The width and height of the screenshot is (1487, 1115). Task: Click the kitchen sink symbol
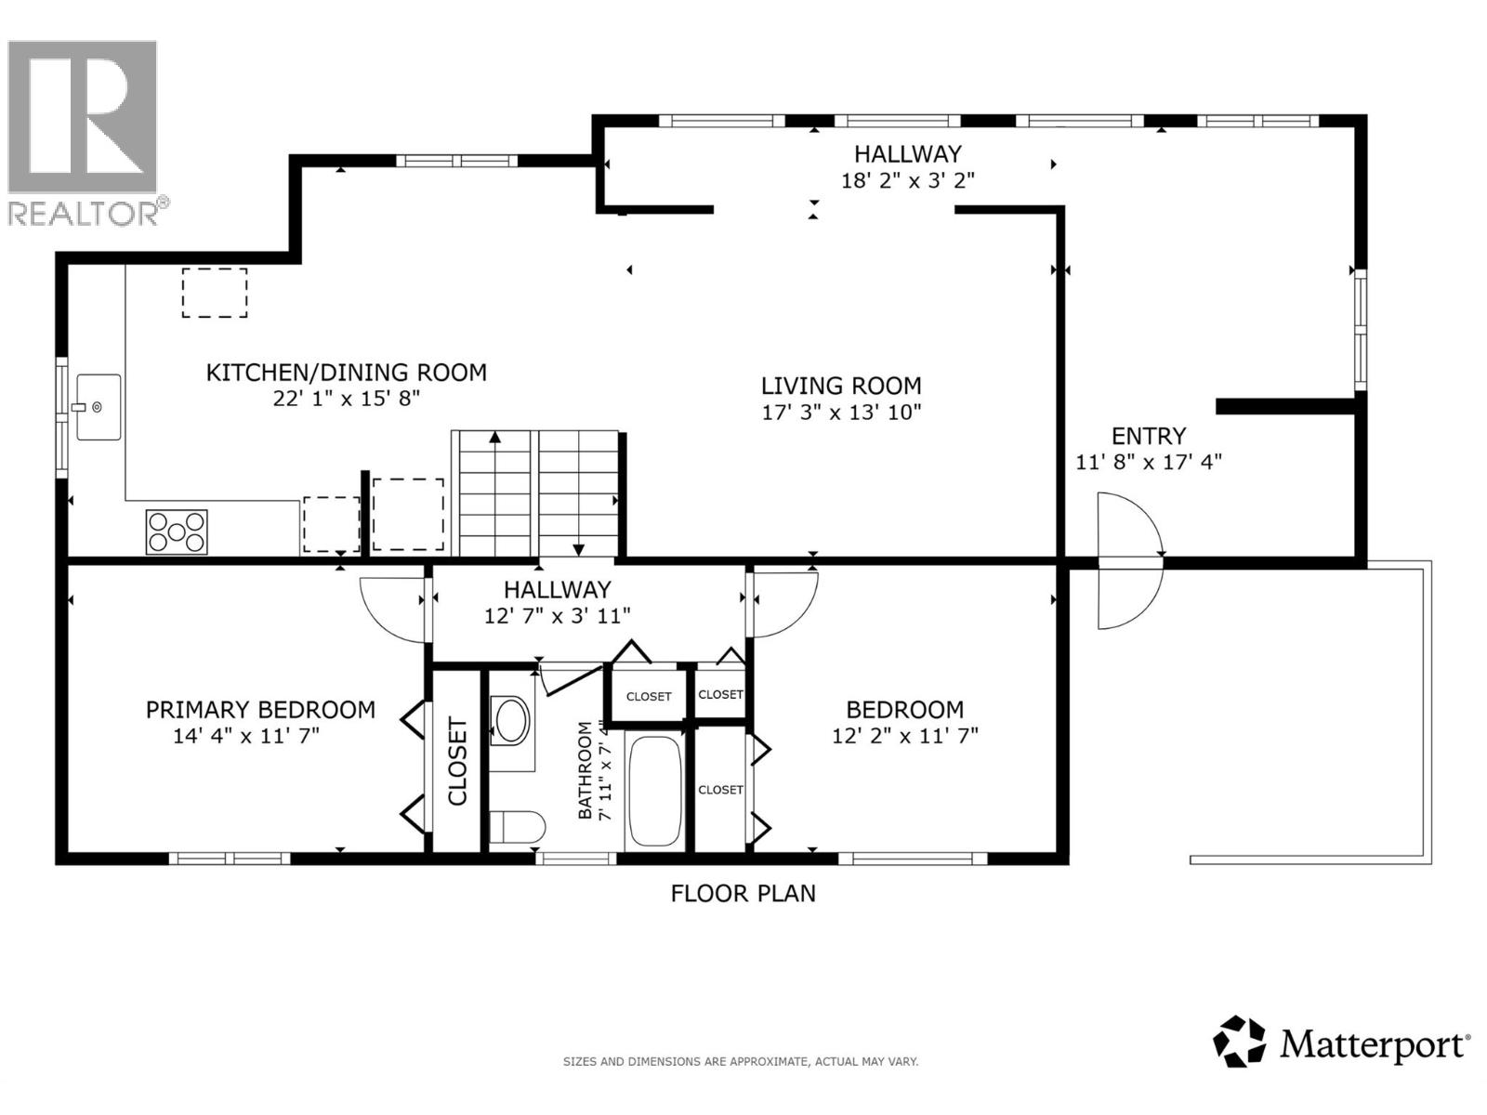pos(99,406)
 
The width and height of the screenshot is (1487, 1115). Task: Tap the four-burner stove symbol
pos(176,532)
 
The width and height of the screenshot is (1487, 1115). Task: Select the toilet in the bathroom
pos(516,827)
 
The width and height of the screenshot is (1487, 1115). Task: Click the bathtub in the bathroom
pos(655,791)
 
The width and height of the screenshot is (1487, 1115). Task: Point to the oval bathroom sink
pos(510,719)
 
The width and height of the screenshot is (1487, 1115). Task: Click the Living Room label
pos(841,386)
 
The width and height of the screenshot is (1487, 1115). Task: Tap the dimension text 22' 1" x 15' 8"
pos(345,399)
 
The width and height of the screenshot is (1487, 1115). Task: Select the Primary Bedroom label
pos(260,710)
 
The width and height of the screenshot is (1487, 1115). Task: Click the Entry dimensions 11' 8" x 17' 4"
pos(1149,462)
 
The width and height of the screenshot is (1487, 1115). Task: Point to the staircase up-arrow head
pos(495,437)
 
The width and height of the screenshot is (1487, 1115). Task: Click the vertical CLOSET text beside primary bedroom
pos(457,761)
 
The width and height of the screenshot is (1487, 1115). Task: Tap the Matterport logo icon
pos(1240,1042)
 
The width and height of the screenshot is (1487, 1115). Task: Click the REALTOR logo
pos(84,130)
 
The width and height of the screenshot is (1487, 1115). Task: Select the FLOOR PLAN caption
pos(743,894)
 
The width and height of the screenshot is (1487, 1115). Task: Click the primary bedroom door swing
pos(390,609)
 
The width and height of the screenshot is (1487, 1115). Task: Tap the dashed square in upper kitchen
pos(215,293)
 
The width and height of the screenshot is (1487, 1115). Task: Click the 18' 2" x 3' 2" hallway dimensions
pos(907,180)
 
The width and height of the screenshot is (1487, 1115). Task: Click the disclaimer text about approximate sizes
pos(741,1061)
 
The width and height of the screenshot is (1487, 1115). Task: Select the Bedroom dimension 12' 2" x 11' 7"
pos(904,736)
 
